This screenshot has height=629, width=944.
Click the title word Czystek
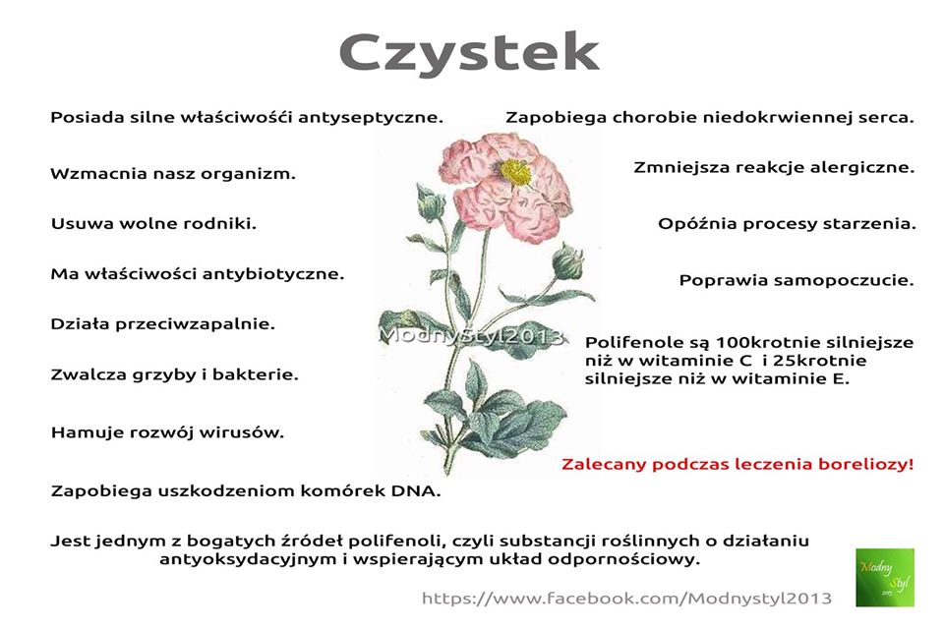coord(469,54)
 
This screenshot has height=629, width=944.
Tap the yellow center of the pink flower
coord(515,173)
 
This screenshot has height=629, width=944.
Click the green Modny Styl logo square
coord(885,577)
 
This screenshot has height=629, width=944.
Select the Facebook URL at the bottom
coord(626,599)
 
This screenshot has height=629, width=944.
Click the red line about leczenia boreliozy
coord(737,465)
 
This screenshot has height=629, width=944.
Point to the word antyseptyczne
coord(371,117)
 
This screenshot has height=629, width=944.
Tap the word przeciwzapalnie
coord(195,324)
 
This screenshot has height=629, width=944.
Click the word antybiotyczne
coord(273,274)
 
